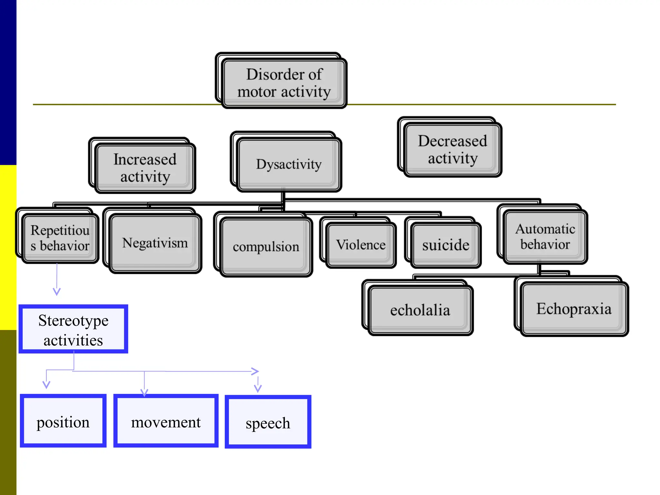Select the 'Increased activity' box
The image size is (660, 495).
[x=145, y=168]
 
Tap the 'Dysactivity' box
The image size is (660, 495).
[x=289, y=164]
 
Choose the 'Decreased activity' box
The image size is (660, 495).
[x=452, y=150]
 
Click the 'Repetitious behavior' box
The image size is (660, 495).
[x=60, y=238]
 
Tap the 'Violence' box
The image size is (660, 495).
[x=361, y=245]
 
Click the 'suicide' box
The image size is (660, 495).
[x=446, y=245]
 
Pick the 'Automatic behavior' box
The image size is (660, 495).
[x=545, y=237]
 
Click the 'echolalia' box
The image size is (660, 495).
[x=420, y=310]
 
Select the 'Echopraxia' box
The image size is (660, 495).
[x=574, y=309]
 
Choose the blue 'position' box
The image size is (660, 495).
[x=63, y=422]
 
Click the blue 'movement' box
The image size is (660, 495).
[x=166, y=422]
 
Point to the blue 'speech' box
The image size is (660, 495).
[x=268, y=422]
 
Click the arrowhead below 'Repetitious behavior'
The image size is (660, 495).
[x=57, y=292]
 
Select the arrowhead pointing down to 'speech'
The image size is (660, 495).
[x=258, y=389]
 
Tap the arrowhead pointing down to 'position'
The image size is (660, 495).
[x=46, y=385]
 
